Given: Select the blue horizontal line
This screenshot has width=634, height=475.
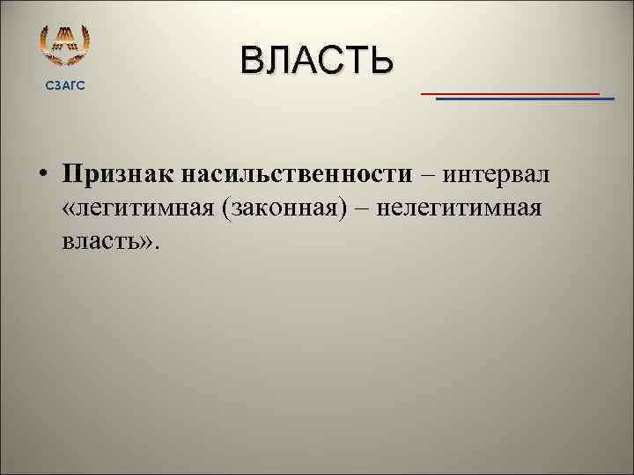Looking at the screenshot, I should pos(525,99).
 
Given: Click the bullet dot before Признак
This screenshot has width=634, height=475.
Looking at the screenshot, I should pos(42,174).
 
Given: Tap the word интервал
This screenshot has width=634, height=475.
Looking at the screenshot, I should pos(498,174).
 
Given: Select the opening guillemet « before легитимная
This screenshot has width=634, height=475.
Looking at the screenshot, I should pos(69,209).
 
